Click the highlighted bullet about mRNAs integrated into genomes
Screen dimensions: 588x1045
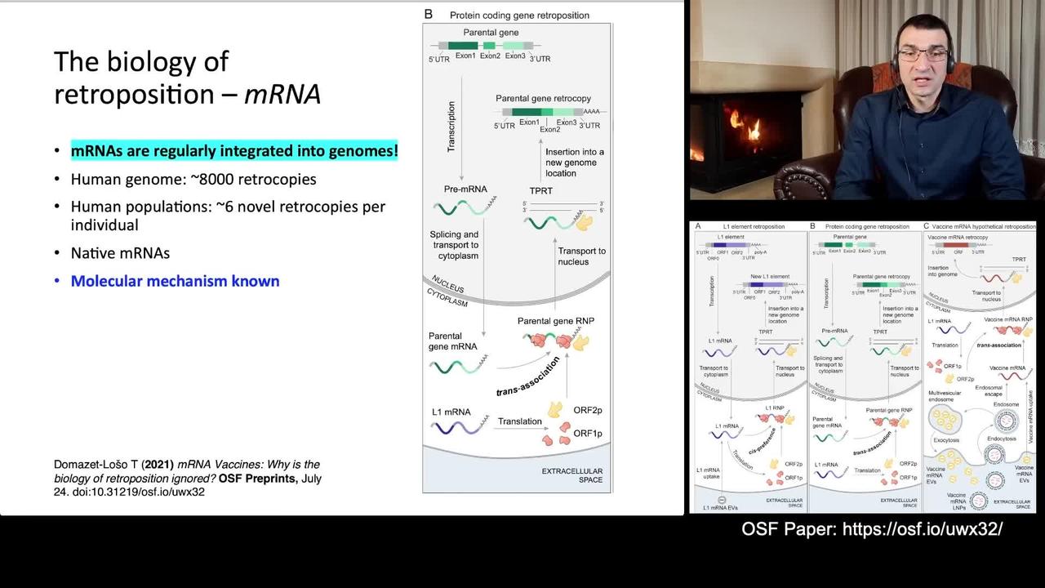(x=234, y=151)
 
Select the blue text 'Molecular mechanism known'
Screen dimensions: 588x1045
(x=175, y=281)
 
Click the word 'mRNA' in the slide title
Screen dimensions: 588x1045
(x=282, y=94)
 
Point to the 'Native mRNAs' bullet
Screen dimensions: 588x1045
(x=120, y=253)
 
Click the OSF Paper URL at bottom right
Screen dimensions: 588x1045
(x=922, y=529)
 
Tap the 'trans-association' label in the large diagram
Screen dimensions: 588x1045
(x=528, y=376)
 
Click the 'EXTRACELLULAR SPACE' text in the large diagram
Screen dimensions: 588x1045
(x=571, y=475)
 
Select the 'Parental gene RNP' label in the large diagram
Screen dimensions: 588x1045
(x=558, y=321)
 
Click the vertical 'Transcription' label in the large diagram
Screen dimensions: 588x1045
(x=451, y=127)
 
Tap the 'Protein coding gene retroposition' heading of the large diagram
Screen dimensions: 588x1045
(x=519, y=16)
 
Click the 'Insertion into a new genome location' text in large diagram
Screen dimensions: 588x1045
(x=575, y=163)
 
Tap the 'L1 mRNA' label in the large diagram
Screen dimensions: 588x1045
(x=449, y=412)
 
